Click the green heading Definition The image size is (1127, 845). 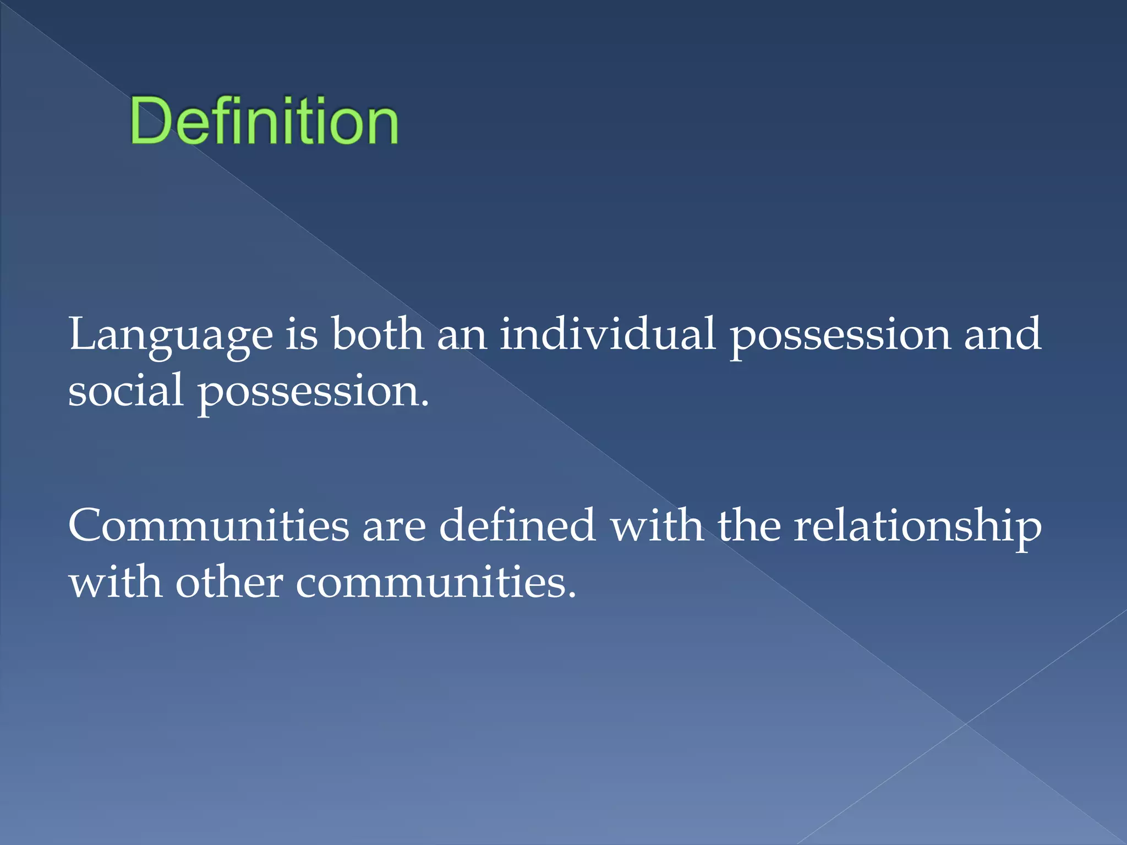pos(264,120)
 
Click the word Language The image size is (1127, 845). pos(171,335)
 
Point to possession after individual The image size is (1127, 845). pos(840,335)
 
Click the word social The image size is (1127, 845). pos(125,390)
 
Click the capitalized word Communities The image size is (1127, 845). pos(209,525)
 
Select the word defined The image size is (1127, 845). pos(517,525)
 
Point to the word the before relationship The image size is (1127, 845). pos(749,525)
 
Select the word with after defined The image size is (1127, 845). pos(657,525)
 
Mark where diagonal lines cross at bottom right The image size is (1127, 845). pos(966,724)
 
